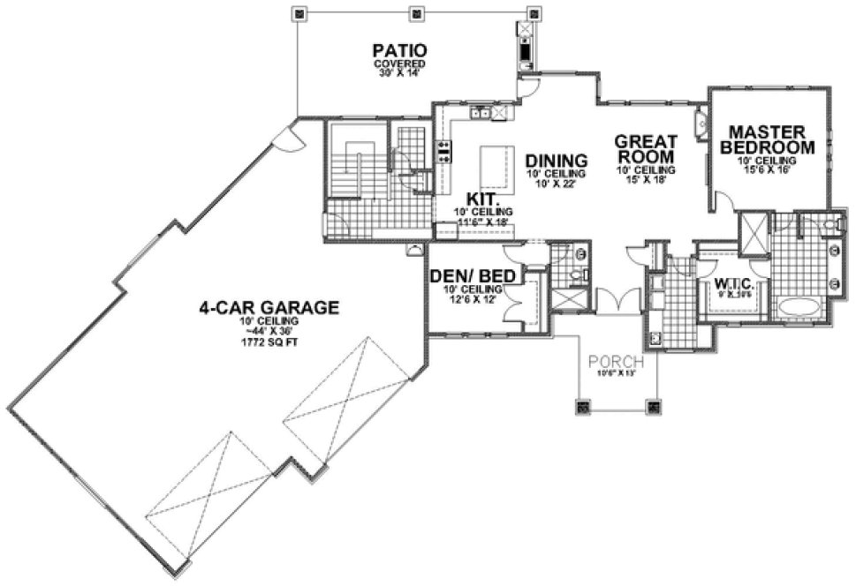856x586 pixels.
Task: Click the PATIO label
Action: [399, 49]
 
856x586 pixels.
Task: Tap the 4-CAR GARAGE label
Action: [269, 307]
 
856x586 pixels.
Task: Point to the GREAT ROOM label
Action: [646, 148]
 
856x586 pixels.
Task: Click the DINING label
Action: [557, 161]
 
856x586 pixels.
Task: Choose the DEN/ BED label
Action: [473, 276]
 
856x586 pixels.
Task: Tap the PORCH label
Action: [616, 361]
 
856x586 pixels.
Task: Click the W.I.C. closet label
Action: [732, 283]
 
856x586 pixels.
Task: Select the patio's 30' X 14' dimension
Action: [399, 75]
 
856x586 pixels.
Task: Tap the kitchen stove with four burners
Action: [444, 151]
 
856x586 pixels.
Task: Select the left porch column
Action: [583, 408]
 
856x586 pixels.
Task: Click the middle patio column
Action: [416, 13]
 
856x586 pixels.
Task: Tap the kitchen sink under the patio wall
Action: [481, 112]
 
